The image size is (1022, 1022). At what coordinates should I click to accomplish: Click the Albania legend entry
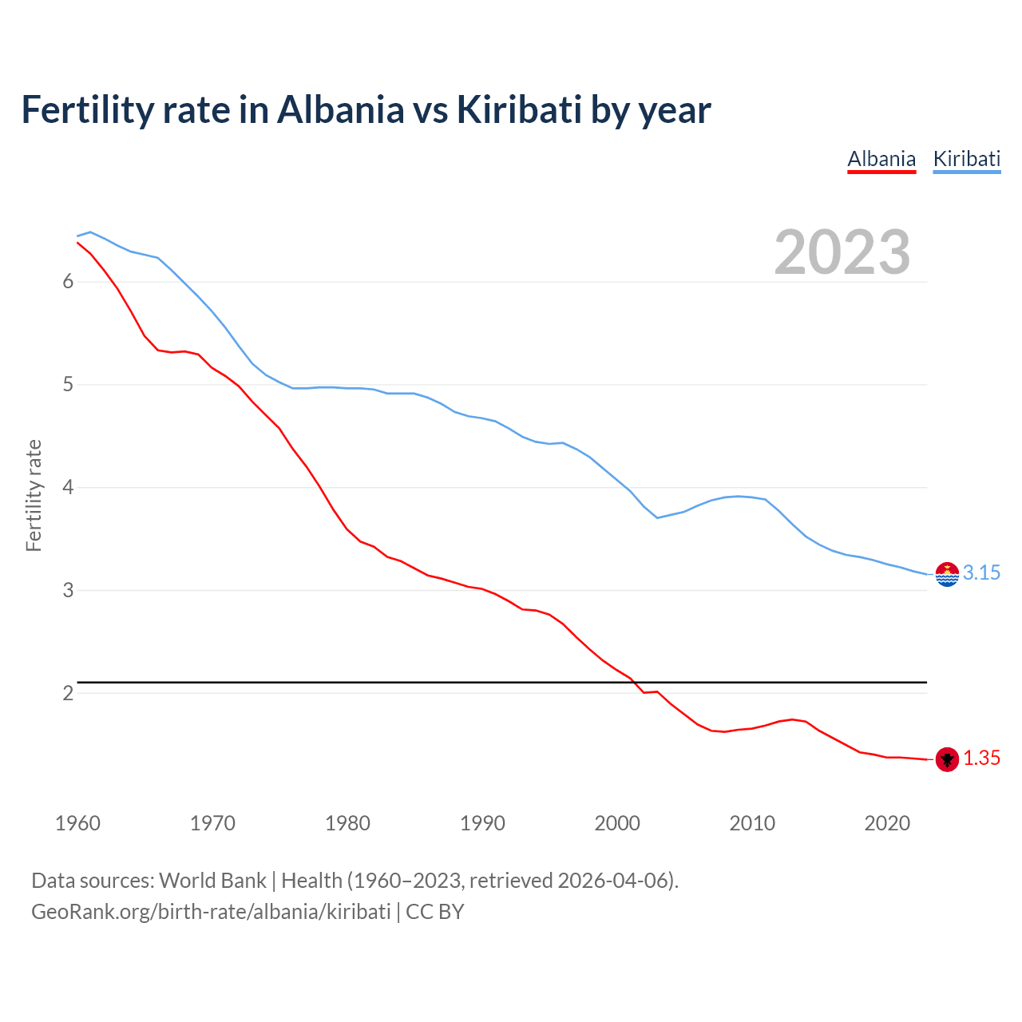coord(881,159)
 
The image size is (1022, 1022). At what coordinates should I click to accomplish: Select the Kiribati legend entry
coord(966,159)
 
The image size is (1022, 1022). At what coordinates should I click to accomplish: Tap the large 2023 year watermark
coord(842,252)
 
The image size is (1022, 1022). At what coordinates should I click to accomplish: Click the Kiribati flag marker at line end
coord(947,574)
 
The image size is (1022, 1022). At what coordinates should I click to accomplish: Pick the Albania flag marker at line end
coord(947,759)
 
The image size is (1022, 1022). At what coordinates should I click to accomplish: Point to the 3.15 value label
coord(981,572)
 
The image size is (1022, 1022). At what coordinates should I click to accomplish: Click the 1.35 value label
coord(981,758)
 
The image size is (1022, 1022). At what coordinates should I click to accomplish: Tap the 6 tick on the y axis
coord(68,281)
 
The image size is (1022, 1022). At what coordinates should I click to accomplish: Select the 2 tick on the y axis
coord(68,693)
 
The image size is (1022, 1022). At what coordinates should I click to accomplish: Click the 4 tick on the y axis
coord(68,487)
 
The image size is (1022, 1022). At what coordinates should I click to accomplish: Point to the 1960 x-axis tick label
coord(77,823)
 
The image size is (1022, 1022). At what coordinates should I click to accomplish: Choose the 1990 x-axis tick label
coord(482,823)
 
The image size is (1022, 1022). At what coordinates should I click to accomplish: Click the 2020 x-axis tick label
coord(887,823)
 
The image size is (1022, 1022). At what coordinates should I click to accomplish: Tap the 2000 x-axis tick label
coord(617,823)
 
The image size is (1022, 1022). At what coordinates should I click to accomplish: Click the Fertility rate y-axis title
coord(34,495)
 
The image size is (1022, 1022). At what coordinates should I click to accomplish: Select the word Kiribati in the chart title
coord(519,109)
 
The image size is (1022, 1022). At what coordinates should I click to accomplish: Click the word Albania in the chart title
coord(341,109)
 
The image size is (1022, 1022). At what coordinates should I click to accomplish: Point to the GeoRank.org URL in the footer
coord(211,911)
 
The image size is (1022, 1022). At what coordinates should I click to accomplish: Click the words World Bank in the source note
coord(212,880)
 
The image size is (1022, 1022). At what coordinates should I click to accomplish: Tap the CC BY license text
coord(435,911)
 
